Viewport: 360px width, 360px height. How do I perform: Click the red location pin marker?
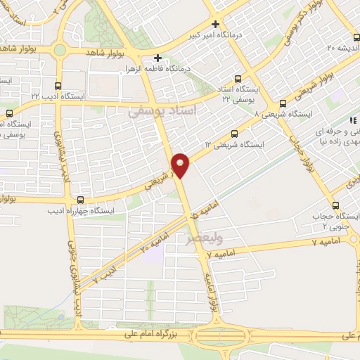181,165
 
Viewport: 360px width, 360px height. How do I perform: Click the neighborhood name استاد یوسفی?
162,111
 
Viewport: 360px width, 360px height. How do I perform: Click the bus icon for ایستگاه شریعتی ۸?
283,103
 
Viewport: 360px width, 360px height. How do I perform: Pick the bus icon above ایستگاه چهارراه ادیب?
80,200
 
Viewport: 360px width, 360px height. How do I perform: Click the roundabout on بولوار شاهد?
60,50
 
